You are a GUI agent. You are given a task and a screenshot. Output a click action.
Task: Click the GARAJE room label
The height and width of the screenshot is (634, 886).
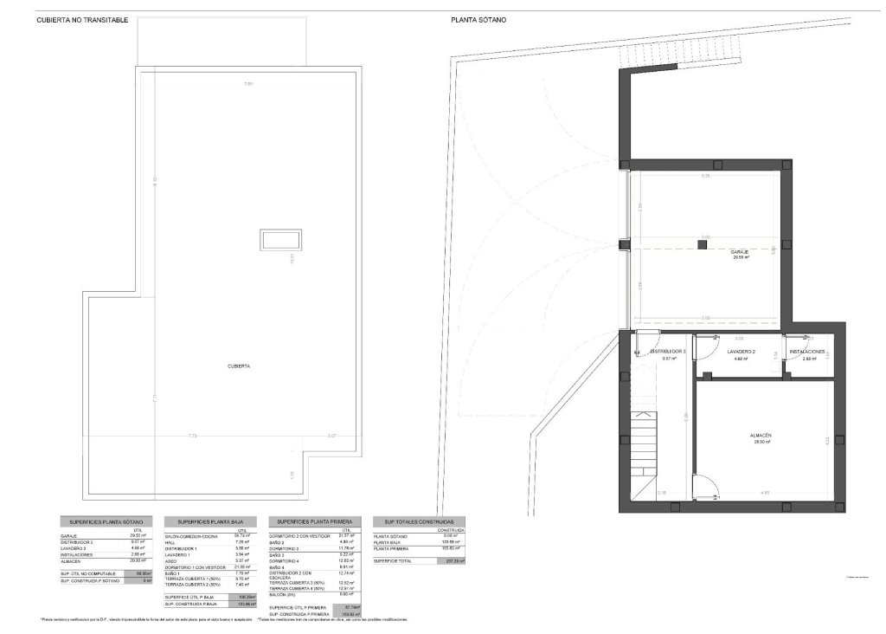[x=739, y=251]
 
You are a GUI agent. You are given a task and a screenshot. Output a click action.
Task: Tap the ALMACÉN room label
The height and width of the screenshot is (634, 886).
[x=761, y=435]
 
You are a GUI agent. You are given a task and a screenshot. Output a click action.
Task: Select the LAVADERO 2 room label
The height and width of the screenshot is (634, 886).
[x=741, y=352]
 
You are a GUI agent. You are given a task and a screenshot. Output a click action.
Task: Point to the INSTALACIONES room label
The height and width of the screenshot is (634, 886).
[x=807, y=352]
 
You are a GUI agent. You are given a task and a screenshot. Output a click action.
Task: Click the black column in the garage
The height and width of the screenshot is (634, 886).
[x=703, y=245]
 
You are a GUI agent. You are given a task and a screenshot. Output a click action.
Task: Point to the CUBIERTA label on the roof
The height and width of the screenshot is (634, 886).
[x=239, y=366]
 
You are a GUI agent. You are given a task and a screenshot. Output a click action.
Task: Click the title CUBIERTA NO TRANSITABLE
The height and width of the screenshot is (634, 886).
[x=82, y=19]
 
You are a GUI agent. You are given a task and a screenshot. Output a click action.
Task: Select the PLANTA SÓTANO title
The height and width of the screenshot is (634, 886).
[x=478, y=19]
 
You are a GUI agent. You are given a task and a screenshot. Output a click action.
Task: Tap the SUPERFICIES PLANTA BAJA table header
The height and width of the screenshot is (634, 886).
[x=209, y=522]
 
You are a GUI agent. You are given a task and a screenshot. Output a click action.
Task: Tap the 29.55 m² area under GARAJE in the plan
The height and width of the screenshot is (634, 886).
[x=740, y=257]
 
